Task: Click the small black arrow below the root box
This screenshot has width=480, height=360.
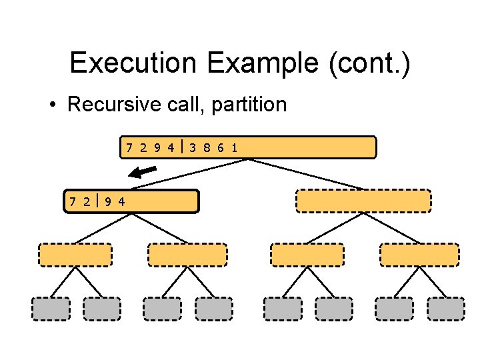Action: click(x=142, y=173)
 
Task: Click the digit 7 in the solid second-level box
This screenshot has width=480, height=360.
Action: click(x=72, y=201)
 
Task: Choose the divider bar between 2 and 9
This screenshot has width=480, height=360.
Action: click(x=97, y=201)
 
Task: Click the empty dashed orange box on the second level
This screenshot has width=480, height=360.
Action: click(x=363, y=201)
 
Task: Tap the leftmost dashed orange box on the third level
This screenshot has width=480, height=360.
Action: click(x=75, y=255)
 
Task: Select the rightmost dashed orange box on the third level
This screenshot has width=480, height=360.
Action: click(x=419, y=255)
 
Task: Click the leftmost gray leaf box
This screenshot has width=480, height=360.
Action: click(x=51, y=309)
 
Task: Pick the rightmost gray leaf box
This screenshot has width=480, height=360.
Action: click(x=445, y=309)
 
